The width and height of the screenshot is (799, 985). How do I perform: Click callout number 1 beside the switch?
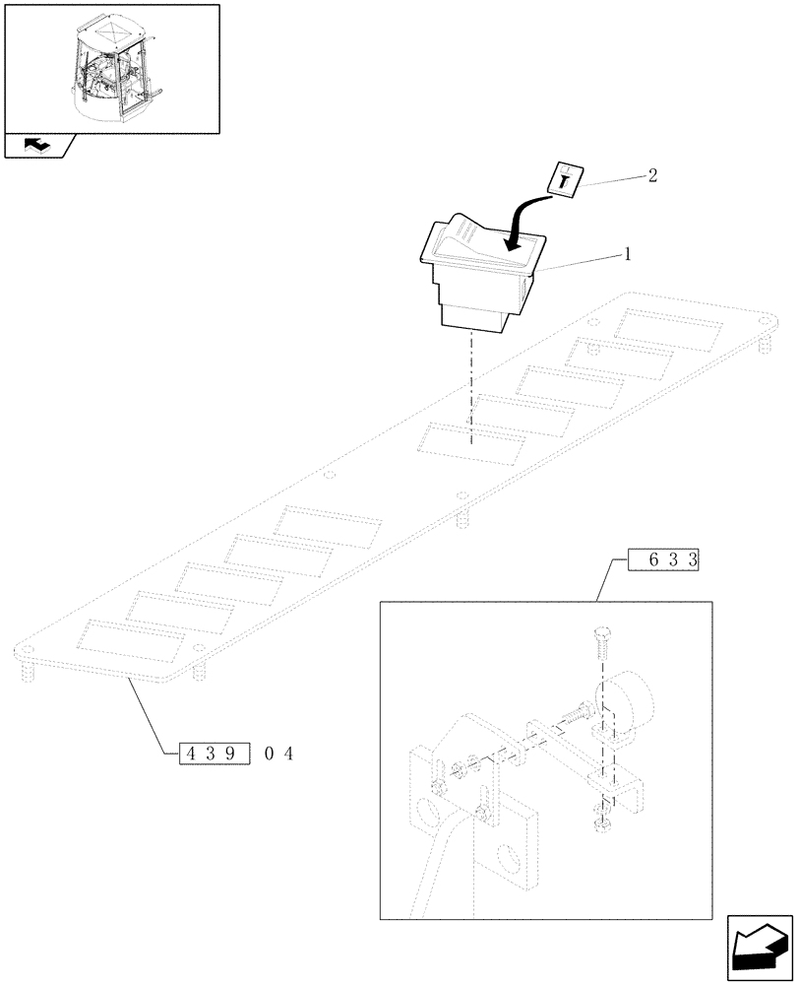point(626,254)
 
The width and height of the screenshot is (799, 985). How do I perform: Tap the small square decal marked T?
point(565,179)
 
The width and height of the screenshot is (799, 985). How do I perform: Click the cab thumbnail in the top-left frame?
point(110,67)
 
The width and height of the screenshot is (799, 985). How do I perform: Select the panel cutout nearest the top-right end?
point(662,328)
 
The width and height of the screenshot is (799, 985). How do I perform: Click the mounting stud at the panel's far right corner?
point(765,339)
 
